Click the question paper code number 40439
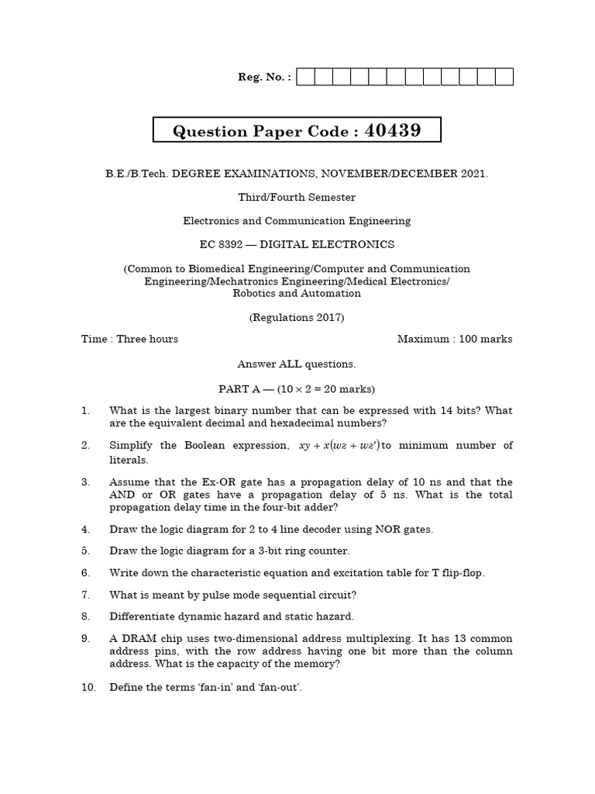pos(393,130)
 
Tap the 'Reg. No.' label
pos(264,77)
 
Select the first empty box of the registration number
pos(305,77)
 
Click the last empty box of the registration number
pos(504,77)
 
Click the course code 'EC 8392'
pos(221,244)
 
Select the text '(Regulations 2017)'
pos(297,317)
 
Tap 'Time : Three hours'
pos(129,339)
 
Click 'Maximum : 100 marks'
pos(455,339)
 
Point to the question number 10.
pos(88,687)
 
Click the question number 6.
pos(86,573)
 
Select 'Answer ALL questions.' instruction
pos(297,364)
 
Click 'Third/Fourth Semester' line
pos(297,197)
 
